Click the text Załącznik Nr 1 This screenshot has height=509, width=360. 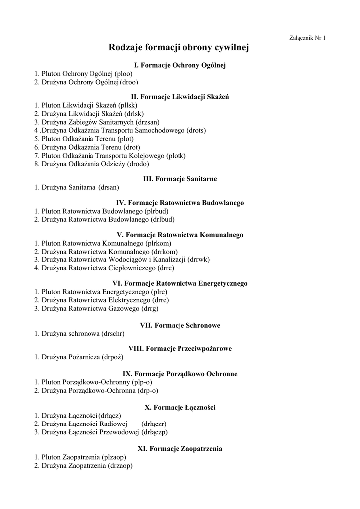(x=307, y=38)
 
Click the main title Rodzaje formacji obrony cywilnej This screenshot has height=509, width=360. (x=179, y=48)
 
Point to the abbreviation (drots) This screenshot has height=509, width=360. (x=196, y=130)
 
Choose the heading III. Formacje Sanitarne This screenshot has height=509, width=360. (x=180, y=178)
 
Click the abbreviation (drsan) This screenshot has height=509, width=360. (x=109, y=187)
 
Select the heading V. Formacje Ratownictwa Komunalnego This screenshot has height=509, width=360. (x=180, y=234)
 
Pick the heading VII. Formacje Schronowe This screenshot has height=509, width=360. (x=180, y=325)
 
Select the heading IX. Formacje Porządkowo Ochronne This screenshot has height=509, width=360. (x=180, y=373)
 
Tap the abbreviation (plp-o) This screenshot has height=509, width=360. (x=142, y=382)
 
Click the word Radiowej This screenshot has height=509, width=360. (x=114, y=424)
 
